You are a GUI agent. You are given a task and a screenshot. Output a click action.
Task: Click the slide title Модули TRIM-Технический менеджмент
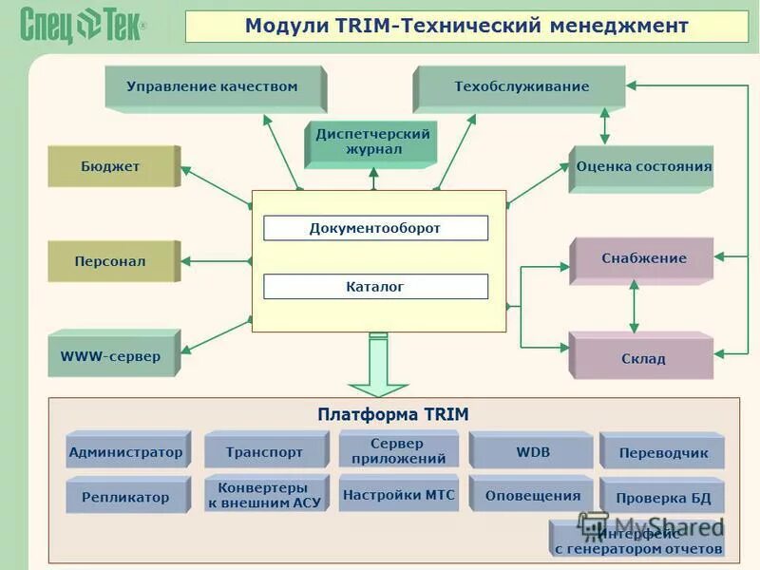point(465,26)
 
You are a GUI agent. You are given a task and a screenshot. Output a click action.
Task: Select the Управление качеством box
point(213,87)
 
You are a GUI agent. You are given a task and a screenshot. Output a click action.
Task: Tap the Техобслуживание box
point(521,87)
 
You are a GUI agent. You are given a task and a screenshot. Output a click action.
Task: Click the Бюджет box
point(111,166)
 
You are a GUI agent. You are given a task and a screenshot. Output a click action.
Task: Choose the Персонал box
point(111,261)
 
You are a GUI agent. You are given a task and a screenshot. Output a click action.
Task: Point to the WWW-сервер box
point(111,356)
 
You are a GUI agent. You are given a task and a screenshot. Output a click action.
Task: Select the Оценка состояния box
point(642,167)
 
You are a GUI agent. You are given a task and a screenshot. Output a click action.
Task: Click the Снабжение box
point(642,258)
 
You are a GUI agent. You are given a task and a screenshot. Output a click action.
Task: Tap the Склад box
point(642,358)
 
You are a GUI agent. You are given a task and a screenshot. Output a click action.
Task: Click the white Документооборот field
point(375,228)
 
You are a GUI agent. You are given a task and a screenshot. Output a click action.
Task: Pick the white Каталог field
point(375,286)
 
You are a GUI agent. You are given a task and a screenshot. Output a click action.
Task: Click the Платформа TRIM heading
point(393,414)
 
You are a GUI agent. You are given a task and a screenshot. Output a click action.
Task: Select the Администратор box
point(125,452)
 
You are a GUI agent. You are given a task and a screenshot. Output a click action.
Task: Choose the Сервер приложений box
point(398,450)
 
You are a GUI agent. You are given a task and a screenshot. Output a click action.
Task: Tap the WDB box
point(532,452)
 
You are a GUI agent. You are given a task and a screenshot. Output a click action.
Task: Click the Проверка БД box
point(662,498)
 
